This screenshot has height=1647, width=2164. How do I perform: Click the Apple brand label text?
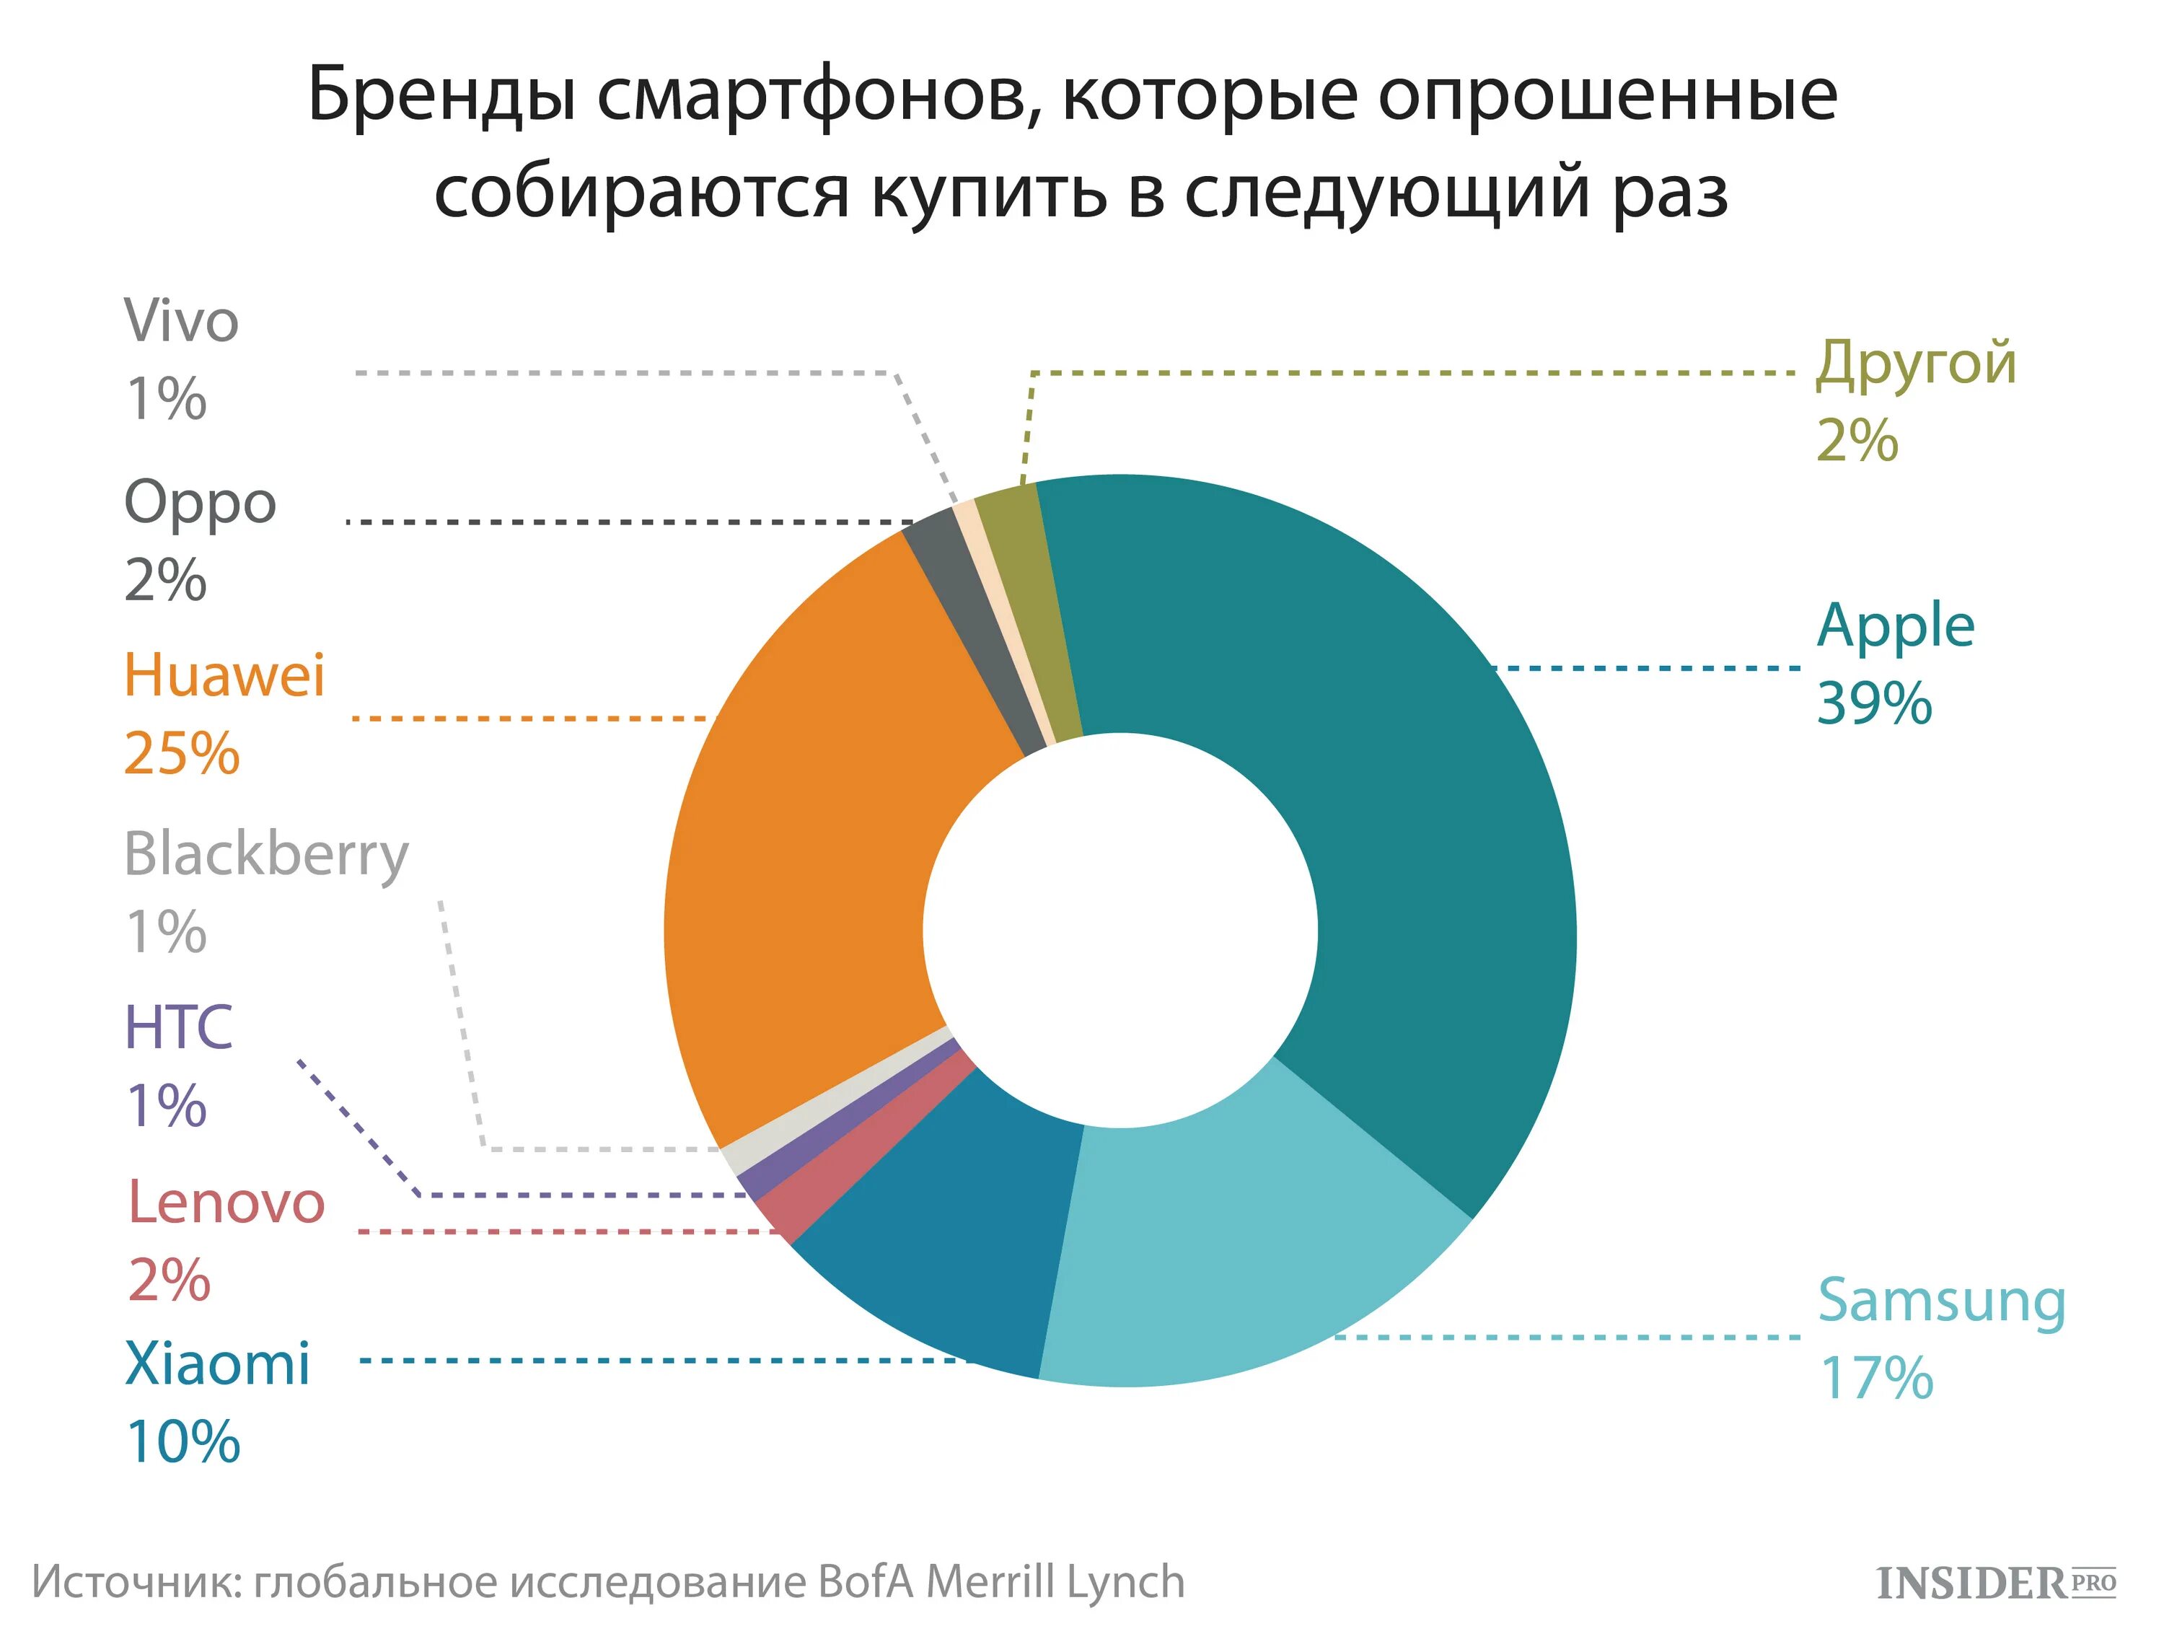point(1894,628)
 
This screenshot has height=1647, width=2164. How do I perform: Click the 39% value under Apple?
point(1874,704)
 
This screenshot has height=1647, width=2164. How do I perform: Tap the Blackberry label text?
point(265,855)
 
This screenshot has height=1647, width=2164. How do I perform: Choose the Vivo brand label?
point(181,322)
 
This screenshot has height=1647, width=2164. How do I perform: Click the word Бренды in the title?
point(441,96)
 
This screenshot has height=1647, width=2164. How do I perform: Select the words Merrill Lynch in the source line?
point(1055,1581)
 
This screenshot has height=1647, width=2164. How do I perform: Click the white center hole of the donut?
point(1120,929)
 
